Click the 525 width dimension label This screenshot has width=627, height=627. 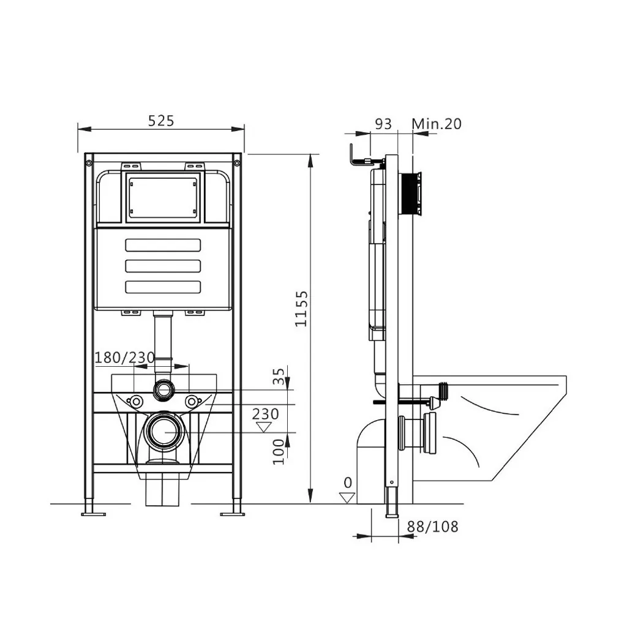tap(161, 121)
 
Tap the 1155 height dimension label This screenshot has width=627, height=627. tap(301, 309)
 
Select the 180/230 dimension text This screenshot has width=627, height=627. tap(124, 357)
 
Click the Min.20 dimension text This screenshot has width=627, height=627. tap(436, 124)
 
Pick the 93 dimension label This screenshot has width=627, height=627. tap(383, 124)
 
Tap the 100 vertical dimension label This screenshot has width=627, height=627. tap(279, 451)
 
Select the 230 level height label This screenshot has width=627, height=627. tap(265, 414)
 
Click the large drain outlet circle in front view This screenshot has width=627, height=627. tap(163, 432)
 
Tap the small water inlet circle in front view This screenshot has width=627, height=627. tap(163, 388)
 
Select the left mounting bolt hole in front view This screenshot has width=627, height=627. tap(135, 402)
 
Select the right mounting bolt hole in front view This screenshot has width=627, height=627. tap(192, 402)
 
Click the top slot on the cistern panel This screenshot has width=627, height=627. tap(163, 245)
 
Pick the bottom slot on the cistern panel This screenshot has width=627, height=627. tap(163, 287)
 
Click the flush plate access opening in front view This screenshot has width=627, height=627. tap(163, 197)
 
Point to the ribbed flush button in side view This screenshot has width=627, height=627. tap(410, 194)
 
